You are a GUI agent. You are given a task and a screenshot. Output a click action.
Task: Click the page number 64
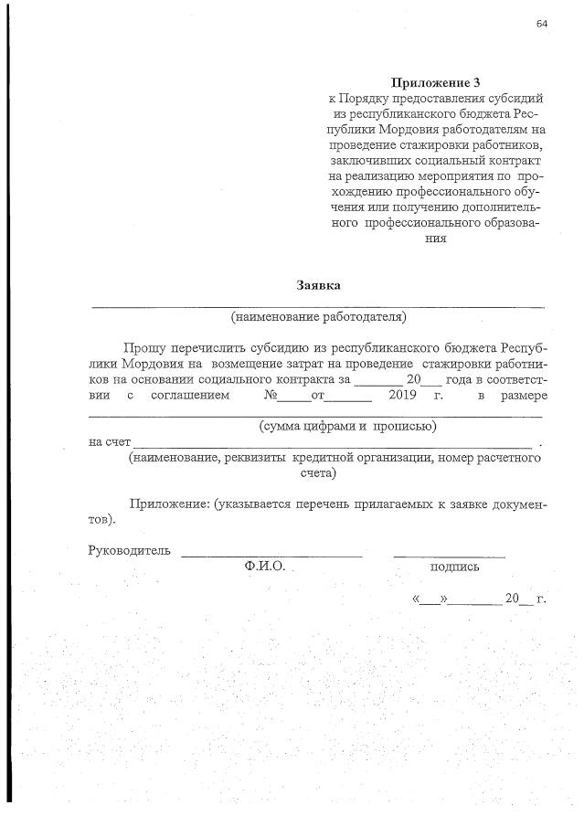tap(542, 25)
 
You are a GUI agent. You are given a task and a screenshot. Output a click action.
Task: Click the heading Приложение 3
tap(429, 82)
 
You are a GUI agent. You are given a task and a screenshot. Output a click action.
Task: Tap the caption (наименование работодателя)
tap(318, 317)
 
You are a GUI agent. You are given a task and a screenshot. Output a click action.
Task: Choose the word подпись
tap(454, 567)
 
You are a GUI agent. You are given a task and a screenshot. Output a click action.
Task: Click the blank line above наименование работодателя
tap(318, 304)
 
